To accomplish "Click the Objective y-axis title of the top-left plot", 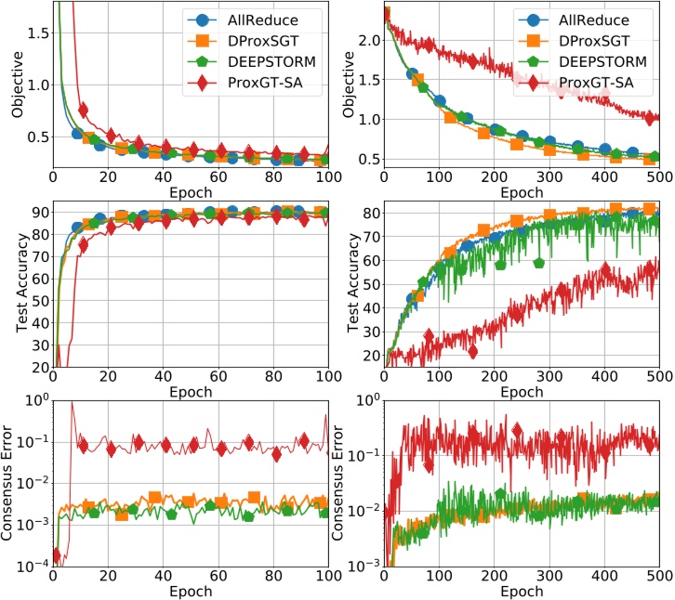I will (17, 92).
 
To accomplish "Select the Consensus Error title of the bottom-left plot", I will (17, 483).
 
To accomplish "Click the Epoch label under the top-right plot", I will (521, 193).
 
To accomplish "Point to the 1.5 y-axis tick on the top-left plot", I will (37, 33).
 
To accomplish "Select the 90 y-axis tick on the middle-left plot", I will (40, 212).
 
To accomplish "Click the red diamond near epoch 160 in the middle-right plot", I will (472, 351).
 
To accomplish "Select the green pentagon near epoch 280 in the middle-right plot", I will (538, 263).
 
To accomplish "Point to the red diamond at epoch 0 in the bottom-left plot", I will (55, 555).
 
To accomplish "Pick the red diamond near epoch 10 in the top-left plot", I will (82, 111).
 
